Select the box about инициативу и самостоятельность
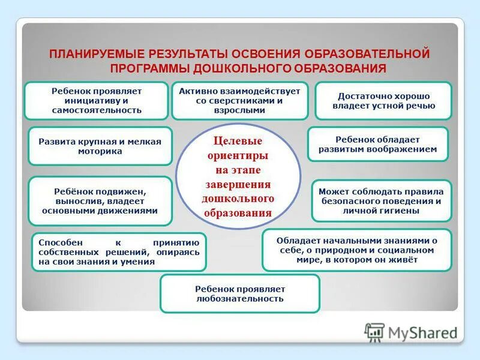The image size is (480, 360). [x=96, y=100]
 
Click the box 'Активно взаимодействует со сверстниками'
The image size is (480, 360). [x=240, y=100]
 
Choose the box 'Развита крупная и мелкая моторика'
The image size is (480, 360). [x=100, y=146]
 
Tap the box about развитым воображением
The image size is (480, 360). [x=378, y=144]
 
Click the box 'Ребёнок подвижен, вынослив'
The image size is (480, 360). [x=100, y=200]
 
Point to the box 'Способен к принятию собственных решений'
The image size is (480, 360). [x=119, y=252]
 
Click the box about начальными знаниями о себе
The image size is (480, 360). [x=357, y=250]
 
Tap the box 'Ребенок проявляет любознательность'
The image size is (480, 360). [x=240, y=293]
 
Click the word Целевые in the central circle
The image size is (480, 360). [x=238, y=142]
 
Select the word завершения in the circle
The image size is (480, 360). [x=238, y=184]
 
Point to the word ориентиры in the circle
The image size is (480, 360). [x=238, y=155]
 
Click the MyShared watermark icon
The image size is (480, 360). [x=375, y=332]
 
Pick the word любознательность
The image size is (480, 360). [x=240, y=299]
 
